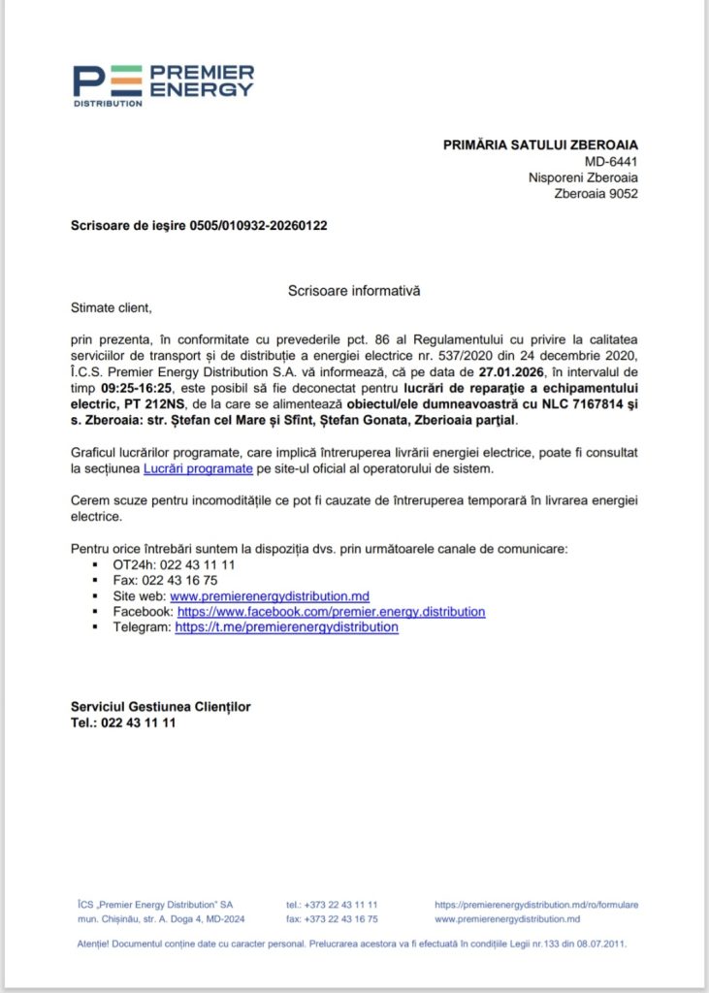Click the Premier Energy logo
click(163, 84)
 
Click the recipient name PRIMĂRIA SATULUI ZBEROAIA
click(540, 144)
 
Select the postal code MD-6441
click(611, 161)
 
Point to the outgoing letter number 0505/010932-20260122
click(258, 226)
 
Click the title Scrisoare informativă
click(354, 290)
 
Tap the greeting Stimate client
click(112, 307)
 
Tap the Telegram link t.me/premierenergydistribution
click(286, 626)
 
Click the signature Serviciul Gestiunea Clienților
click(160, 707)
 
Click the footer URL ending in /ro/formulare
click(536, 904)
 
